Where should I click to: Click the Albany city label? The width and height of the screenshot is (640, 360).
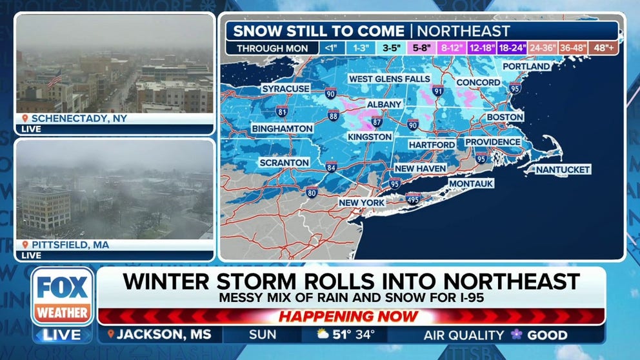pyautogui.click(x=384, y=104)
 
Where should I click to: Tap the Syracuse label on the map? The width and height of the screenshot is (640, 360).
pyautogui.click(x=286, y=88)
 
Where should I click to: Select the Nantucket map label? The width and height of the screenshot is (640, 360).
pyautogui.click(x=560, y=169)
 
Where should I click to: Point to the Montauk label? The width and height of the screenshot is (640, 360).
pyautogui.click(x=471, y=184)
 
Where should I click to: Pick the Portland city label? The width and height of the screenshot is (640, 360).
pyautogui.click(x=526, y=66)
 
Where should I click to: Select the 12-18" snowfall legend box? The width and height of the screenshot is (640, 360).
pyautogui.click(x=481, y=48)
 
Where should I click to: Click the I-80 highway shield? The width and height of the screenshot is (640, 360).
pyautogui.click(x=312, y=191)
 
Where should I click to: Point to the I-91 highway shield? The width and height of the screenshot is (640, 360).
pyautogui.click(x=438, y=91)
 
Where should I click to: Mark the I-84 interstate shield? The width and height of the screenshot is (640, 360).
pyautogui.click(x=331, y=167)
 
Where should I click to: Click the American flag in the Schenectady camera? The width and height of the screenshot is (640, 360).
pyautogui.click(x=55, y=79)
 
